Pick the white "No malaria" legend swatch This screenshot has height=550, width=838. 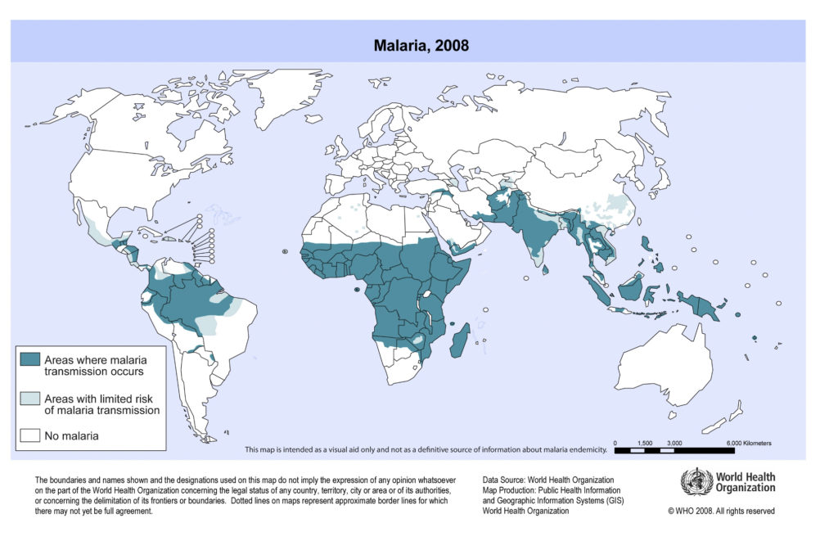tap(31, 435)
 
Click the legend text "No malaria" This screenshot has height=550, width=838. tap(72, 435)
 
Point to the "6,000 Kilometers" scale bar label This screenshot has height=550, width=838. tap(749, 443)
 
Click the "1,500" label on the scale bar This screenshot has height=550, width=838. tap(644, 443)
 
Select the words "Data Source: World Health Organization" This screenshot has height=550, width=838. tap(548, 480)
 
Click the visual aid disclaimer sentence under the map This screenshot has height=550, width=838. tap(426, 450)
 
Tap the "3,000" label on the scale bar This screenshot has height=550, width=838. tap(674, 443)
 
